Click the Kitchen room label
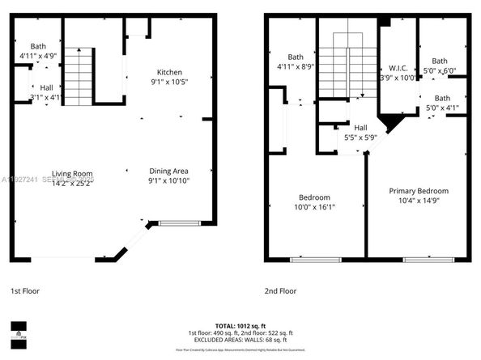tap(169, 72)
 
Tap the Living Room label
tap(72, 173)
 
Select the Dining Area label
tap(169, 170)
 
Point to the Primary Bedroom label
tap(419, 191)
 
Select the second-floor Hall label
tap(360, 127)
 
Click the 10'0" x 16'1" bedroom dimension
tap(314, 208)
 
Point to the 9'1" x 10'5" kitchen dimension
tap(169, 83)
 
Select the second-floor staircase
tap(347, 73)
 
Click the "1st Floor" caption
tap(24, 290)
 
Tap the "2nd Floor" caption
tap(281, 290)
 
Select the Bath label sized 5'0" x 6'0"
tap(439, 61)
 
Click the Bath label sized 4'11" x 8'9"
tap(295, 57)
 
